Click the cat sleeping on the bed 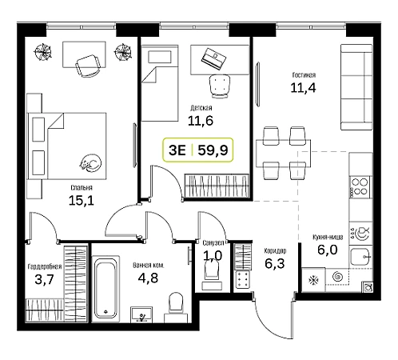point(90,162)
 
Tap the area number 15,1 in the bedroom point(82,201)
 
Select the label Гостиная point(304,75)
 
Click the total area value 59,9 point(213,150)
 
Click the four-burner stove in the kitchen point(360,186)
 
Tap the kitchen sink point(360,257)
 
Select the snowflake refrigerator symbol point(313,281)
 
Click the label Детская point(201,108)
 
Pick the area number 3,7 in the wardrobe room point(44,280)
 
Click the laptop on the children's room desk point(214,58)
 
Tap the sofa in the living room point(356,87)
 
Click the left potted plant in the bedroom point(42,52)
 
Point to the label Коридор point(275,251)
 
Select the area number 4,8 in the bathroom point(148,278)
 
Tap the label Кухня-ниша point(328,237)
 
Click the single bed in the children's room point(159,83)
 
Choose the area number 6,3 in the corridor point(275,263)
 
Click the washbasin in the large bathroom point(141,314)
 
